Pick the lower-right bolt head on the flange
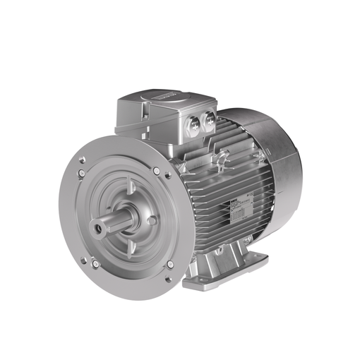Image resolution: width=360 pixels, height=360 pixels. point(170,265)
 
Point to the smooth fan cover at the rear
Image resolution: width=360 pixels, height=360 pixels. point(275,162)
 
